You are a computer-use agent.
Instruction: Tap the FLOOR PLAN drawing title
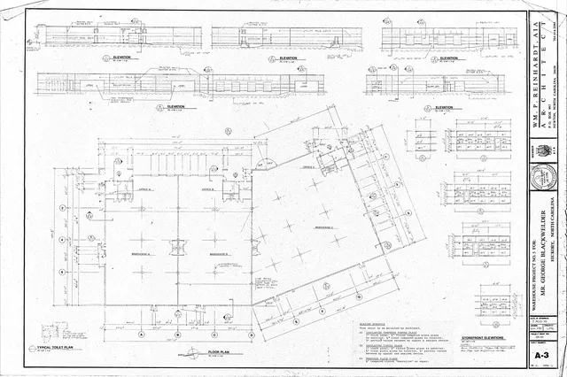(x=221, y=351)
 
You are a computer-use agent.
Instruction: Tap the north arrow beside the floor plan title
(x=194, y=352)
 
